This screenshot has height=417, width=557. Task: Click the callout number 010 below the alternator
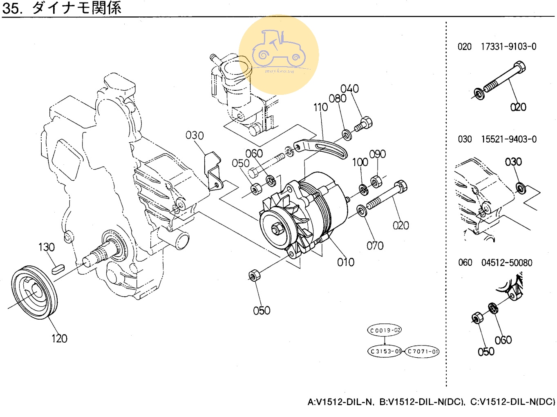click(345, 262)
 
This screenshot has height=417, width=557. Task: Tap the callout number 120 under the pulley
click(59, 339)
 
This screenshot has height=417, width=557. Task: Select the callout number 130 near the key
click(46, 247)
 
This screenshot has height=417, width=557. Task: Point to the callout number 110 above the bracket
click(320, 108)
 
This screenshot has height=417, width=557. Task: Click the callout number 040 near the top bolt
click(349, 89)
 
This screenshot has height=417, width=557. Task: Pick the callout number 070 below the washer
click(375, 246)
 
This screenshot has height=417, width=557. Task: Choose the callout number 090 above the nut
click(377, 154)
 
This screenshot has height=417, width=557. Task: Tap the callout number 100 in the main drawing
click(360, 162)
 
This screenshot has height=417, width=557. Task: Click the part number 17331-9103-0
click(508, 47)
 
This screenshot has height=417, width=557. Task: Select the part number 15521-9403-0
click(509, 139)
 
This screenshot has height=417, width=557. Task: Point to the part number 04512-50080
click(507, 263)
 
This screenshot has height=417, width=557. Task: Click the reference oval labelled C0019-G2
click(385, 330)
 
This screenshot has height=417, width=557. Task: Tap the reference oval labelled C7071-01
click(422, 351)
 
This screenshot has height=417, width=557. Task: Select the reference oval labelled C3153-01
click(385, 351)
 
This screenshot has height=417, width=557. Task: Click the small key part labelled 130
click(58, 269)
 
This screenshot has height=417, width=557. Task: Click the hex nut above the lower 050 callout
click(253, 275)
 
